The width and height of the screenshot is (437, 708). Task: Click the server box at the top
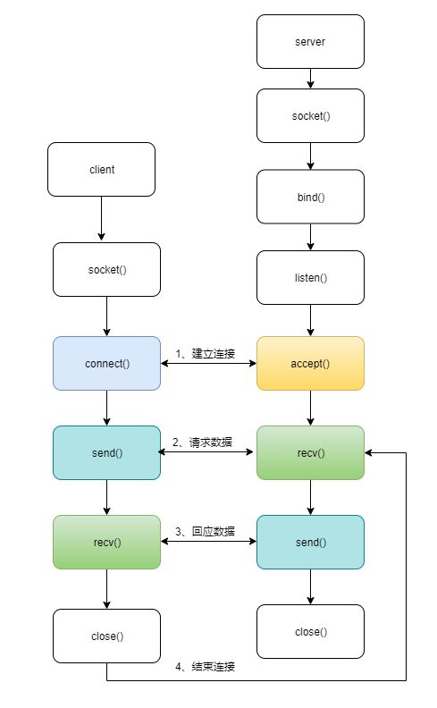(310, 42)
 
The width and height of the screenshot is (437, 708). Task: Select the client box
(101, 169)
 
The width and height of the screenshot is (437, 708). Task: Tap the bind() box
(310, 197)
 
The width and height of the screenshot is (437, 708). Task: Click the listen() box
(310, 277)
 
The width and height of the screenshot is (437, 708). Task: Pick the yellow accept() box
(310, 363)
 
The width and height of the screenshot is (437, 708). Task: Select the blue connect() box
(106, 363)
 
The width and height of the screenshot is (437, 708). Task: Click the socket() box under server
(310, 116)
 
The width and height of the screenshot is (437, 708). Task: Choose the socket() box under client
(106, 269)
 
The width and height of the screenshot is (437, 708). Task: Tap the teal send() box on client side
(106, 452)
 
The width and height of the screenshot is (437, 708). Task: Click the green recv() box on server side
(310, 452)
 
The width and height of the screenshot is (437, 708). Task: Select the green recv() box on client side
(106, 542)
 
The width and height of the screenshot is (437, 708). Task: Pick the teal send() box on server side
(310, 542)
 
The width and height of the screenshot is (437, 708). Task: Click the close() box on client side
(106, 636)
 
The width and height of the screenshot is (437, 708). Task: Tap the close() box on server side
(310, 631)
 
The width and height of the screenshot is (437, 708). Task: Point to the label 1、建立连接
(205, 353)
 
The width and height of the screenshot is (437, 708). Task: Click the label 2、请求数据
(205, 442)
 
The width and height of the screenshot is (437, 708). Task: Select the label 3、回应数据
(205, 531)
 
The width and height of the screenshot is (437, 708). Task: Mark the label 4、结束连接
(205, 666)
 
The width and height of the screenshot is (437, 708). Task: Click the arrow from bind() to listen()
(310, 237)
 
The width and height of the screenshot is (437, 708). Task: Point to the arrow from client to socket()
(101, 219)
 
